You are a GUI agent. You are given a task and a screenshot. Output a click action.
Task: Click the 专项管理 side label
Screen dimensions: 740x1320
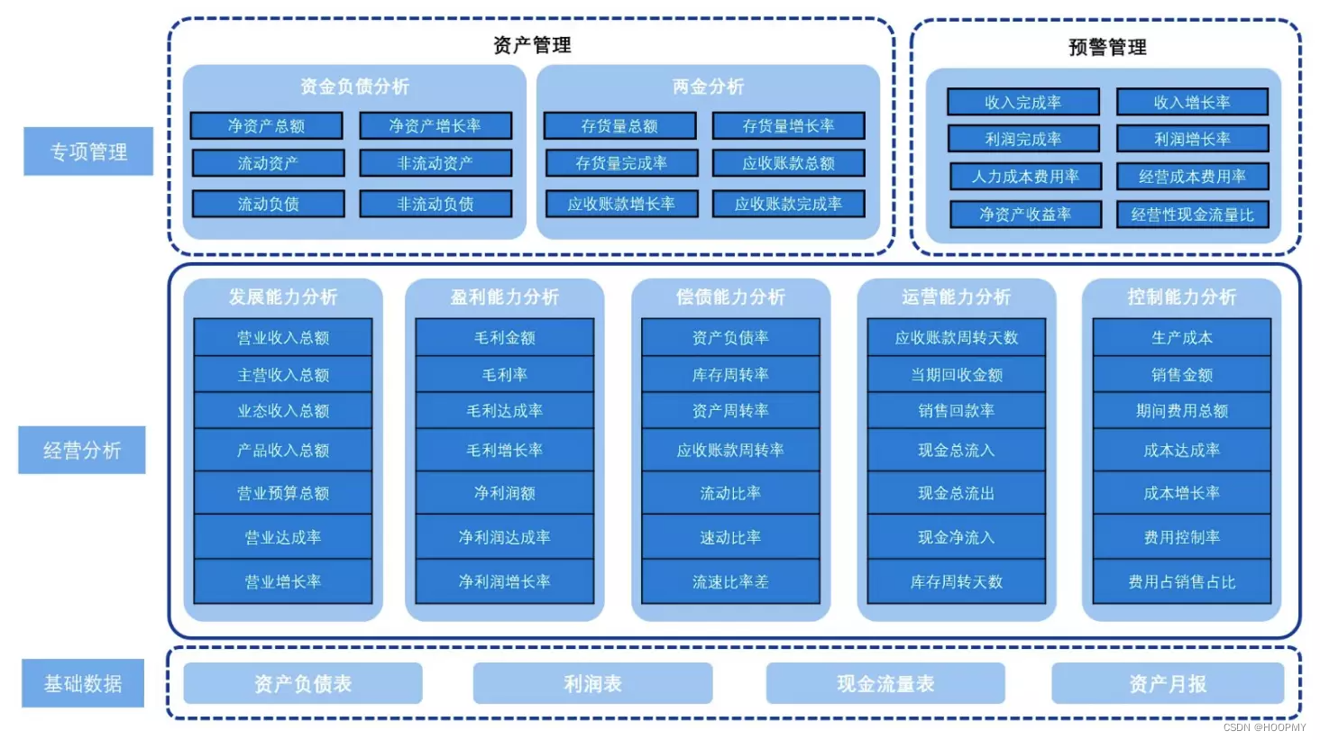[88, 151]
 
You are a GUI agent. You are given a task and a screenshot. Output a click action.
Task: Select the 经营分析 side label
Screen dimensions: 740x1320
[82, 450]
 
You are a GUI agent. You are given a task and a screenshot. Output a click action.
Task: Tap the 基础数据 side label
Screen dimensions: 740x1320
[83, 683]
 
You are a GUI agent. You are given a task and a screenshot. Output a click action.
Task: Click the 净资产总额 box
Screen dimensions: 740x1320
[266, 125]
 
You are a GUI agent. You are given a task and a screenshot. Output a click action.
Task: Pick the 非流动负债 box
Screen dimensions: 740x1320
[435, 204]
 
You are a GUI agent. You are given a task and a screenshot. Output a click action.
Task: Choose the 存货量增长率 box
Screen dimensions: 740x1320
[788, 125]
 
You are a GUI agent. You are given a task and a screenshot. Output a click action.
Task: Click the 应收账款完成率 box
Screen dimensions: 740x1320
[788, 204]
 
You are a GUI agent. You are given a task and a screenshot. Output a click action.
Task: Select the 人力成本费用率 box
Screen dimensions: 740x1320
[1025, 176]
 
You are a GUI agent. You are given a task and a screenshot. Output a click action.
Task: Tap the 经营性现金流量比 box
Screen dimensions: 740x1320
[1192, 215]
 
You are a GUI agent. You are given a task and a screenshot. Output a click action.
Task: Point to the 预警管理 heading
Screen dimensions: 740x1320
[1107, 47]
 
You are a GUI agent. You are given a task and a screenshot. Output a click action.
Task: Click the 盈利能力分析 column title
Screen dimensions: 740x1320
[504, 297]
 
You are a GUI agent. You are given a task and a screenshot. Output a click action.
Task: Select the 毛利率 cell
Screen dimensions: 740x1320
[504, 374]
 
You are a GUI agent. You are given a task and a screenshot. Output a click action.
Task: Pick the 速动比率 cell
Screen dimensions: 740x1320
[730, 537]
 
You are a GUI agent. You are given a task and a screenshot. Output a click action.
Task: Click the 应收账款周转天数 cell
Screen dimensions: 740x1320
[956, 337]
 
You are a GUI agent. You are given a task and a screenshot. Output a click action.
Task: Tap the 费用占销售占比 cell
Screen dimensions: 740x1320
[1181, 582]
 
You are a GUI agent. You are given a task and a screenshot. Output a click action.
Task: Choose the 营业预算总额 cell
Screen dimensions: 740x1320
[283, 493]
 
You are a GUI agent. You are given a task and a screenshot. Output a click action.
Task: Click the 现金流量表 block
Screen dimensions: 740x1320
[885, 683]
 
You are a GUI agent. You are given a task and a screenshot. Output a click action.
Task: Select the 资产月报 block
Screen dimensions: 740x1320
[1168, 683]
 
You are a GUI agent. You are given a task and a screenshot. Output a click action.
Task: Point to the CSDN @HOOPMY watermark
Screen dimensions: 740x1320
[1264, 727]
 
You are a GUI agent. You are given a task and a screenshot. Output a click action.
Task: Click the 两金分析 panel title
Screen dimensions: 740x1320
[708, 87]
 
